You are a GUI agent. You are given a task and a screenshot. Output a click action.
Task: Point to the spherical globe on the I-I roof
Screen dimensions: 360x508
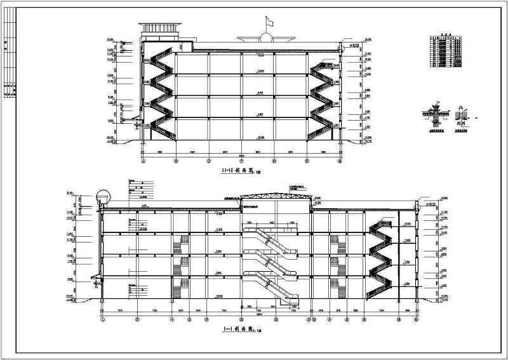coord(100,196)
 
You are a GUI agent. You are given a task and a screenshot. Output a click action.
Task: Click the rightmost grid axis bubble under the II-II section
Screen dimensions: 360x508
coord(340,161)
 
